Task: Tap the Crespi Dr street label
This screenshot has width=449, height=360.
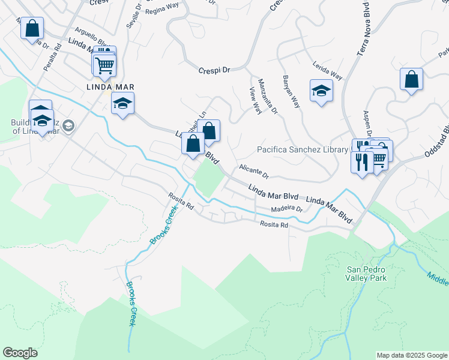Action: coord(214,70)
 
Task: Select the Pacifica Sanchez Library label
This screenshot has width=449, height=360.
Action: coord(303,149)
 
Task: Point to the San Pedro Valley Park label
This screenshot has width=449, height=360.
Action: coord(366,273)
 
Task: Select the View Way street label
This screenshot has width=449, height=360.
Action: coord(255,100)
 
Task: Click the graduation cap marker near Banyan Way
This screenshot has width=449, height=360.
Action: coord(321,91)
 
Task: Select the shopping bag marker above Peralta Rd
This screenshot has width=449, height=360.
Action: coord(32,28)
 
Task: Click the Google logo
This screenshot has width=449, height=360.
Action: coord(20,353)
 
